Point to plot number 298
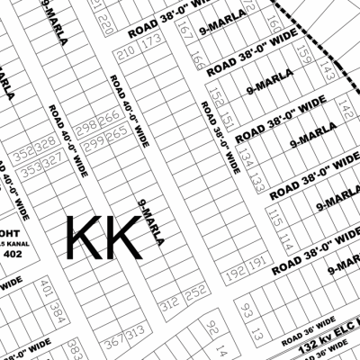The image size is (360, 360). tap(88, 126)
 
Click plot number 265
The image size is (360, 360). tap(116, 133)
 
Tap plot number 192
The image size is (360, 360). tap(236, 269)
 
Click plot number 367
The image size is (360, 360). tap(113, 343)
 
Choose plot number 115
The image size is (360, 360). tap(274, 220)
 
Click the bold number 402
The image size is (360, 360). tap(13, 255)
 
